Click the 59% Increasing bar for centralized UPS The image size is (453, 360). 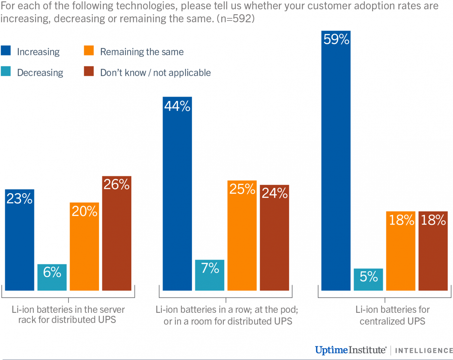[336, 160]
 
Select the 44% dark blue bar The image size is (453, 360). [177, 193]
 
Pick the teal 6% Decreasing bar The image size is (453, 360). [52, 277]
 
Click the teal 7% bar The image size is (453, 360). [210, 275]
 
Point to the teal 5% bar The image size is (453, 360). [368, 279]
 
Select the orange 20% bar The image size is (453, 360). [84, 246]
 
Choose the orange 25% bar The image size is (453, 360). [242, 235]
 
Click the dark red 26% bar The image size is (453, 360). [117, 233]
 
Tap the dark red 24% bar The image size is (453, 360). [274, 238]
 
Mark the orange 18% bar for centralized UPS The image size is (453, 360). [401, 251]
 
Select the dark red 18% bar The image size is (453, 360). [433, 251]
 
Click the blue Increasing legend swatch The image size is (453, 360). [6, 50]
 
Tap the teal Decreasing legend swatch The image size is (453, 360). [6, 71]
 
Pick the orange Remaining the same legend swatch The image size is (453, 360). [89, 50]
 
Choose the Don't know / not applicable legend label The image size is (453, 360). [155, 73]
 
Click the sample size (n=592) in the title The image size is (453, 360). [236, 19]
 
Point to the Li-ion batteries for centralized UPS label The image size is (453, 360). [392, 315]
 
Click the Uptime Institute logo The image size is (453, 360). [350, 350]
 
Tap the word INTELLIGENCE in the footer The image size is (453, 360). [424, 351]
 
